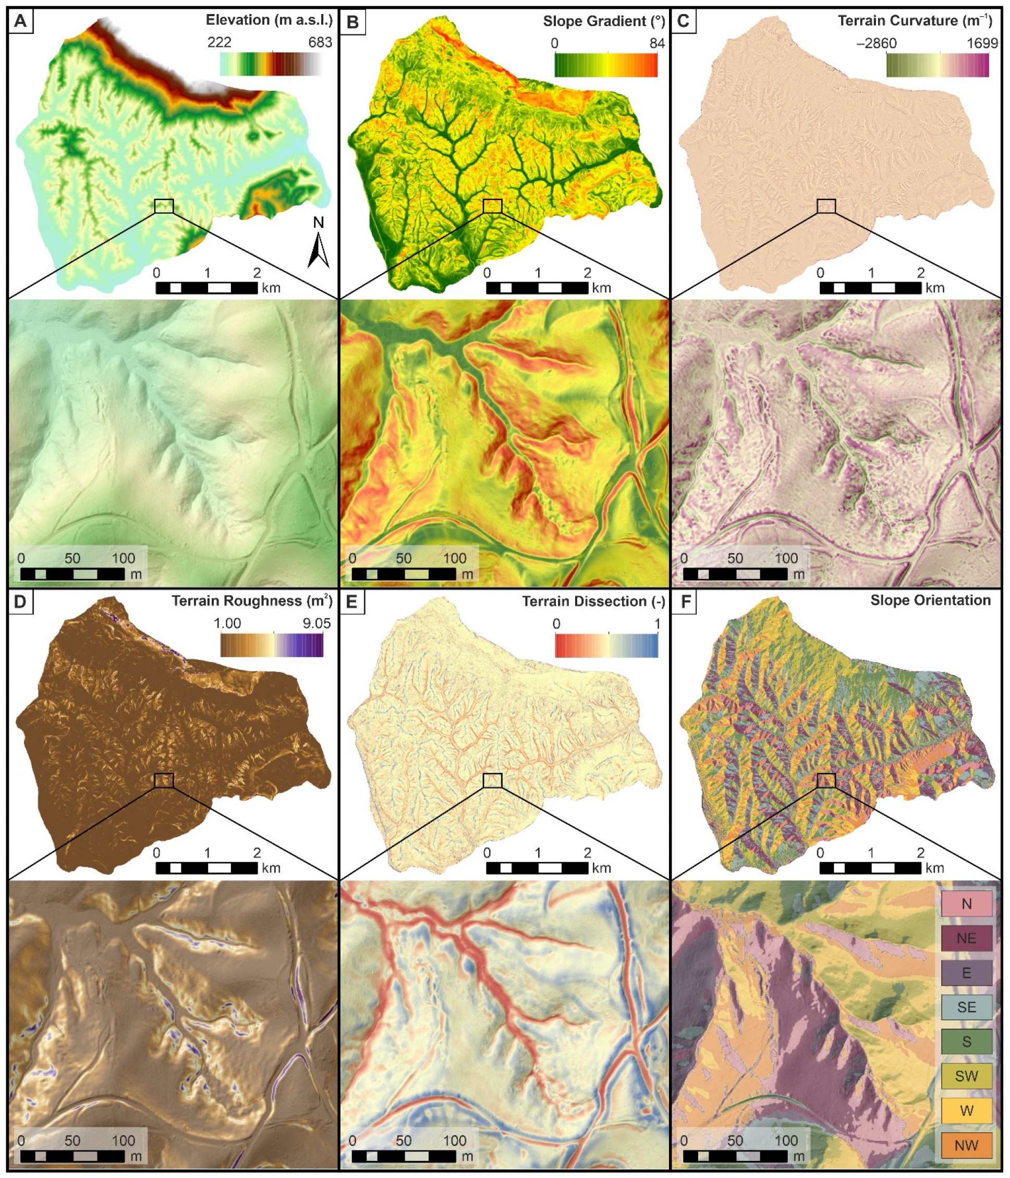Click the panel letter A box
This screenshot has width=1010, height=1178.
[20, 21]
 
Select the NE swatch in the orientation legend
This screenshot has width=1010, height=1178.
[966, 938]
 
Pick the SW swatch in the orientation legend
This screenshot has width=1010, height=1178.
[966, 1076]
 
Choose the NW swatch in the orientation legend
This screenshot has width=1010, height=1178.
[966, 1145]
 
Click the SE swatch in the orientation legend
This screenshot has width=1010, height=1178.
[966, 1007]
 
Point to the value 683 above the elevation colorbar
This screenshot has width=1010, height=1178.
[320, 42]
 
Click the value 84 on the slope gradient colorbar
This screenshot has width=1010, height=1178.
[657, 43]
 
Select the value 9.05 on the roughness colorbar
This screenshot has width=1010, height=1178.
[316, 623]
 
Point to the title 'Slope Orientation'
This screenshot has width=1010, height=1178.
[930, 600]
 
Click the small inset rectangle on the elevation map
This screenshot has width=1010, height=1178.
[164, 206]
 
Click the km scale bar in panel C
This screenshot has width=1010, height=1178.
[870, 288]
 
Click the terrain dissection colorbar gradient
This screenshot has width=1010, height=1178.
[606, 645]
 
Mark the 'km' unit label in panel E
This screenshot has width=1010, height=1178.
[601, 868]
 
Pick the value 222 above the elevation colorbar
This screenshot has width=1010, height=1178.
[219, 42]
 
